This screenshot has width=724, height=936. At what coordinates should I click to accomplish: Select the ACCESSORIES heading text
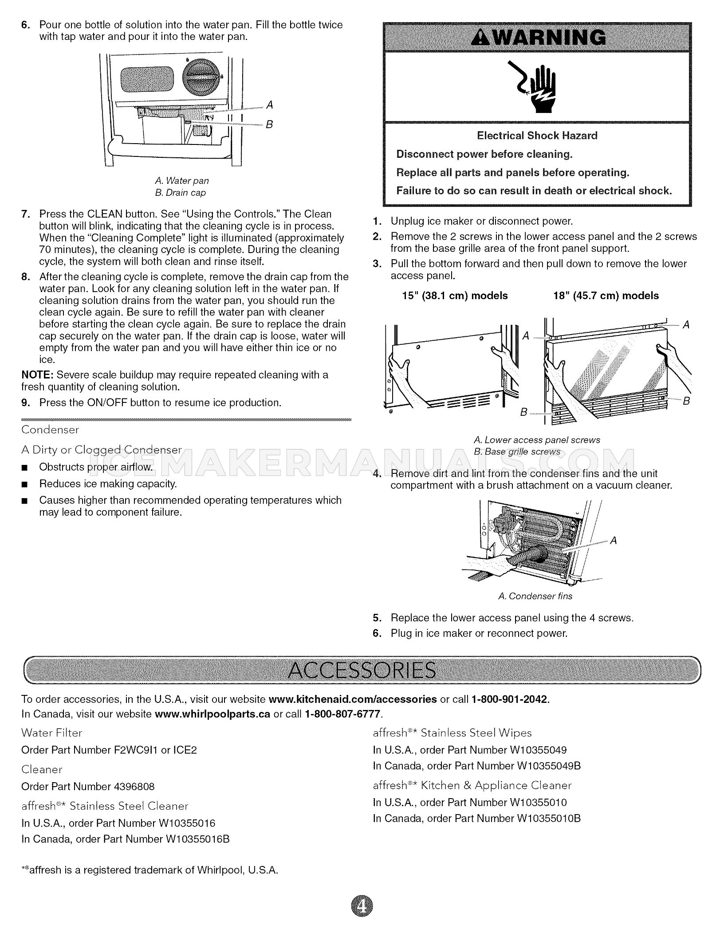pyautogui.click(x=362, y=671)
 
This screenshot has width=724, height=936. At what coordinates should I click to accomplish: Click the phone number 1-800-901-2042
pyautogui.click(x=510, y=699)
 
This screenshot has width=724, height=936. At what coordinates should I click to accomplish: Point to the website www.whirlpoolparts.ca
pyautogui.click(x=212, y=714)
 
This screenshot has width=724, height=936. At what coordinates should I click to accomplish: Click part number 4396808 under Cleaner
pyautogui.click(x=134, y=787)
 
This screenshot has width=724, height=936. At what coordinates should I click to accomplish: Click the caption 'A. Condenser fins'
pyautogui.click(x=535, y=596)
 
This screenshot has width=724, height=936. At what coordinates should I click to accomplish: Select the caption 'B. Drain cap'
pyautogui.click(x=180, y=193)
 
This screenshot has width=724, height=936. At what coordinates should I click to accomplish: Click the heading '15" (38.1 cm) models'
pyautogui.click(x=454, y=296)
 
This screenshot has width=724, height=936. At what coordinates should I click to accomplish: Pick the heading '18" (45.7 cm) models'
pyautogui.click(x=606, y=296)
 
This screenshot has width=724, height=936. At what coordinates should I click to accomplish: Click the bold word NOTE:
pyautogui.click(x=37, y=375)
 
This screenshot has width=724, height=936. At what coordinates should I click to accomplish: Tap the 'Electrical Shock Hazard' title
pyautogui.click(x=537, y=136)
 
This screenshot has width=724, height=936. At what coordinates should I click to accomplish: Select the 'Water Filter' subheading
pyautogui.click(x=52, y=733)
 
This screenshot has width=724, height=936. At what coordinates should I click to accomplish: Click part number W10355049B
pyautogui.click(x=549, y=766)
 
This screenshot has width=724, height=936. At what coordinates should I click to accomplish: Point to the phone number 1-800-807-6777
pyautogui.click(x=342, y=714)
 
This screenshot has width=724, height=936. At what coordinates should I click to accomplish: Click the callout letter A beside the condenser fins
pyautogui.click(x=614, y=540)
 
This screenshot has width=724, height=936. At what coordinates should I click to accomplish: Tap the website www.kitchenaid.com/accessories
pyautogui.click(x=353, y=699)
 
